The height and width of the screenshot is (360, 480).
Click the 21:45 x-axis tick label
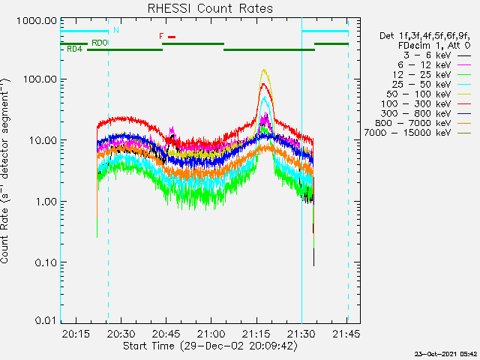(346, 334)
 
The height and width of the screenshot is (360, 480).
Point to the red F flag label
(161, 36)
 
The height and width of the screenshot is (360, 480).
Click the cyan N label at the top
(115, 30)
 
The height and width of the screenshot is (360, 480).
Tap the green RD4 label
(74, 49)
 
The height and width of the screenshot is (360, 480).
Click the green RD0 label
(99, 43)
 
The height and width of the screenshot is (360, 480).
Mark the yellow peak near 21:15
(263, 70)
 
